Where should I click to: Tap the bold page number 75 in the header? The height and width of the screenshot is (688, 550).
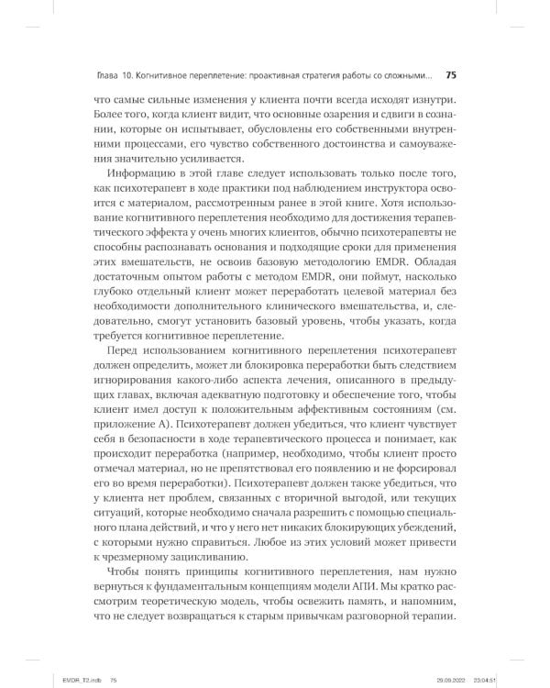[450, 75]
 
